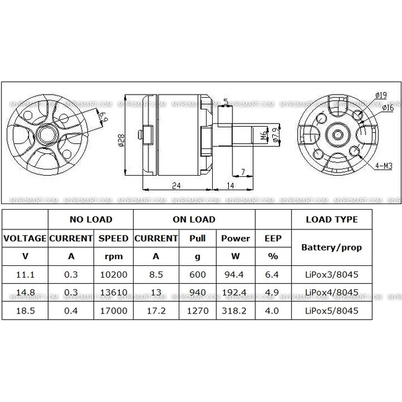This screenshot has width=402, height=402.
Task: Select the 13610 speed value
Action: (113, 293)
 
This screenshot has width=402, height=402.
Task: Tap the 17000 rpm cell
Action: (113, 310)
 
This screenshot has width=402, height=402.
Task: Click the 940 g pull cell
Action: (197, 293)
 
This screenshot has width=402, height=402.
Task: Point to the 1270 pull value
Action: (197, 310)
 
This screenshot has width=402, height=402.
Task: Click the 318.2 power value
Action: (236, 310)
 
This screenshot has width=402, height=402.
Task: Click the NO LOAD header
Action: (90, 220)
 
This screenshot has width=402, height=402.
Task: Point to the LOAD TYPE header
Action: (333, 220)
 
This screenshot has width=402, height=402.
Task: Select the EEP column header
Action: (273, 238)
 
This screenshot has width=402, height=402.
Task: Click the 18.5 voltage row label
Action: (25, 310)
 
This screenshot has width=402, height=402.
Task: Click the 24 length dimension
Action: (176, 184)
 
